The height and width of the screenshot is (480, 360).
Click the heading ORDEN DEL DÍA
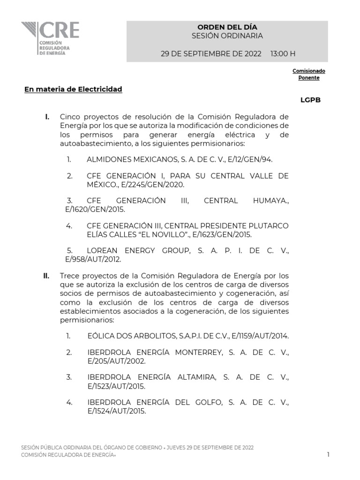coord(227,27)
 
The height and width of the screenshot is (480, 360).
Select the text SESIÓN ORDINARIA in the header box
coord(227,36)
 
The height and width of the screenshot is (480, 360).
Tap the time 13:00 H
coord(283,53)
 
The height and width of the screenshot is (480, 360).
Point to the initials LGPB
coord(310,100)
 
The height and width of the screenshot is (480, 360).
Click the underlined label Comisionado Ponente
coord(309,74)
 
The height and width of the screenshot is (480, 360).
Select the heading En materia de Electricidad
coord(73,89)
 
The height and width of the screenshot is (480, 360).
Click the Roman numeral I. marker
coord(47,117)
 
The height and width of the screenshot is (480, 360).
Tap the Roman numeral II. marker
coord(46,276)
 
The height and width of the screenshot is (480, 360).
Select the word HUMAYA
coord(272,201)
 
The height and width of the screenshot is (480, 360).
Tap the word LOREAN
coord(103,251)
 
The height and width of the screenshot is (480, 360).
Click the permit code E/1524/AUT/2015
coord(116,411)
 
